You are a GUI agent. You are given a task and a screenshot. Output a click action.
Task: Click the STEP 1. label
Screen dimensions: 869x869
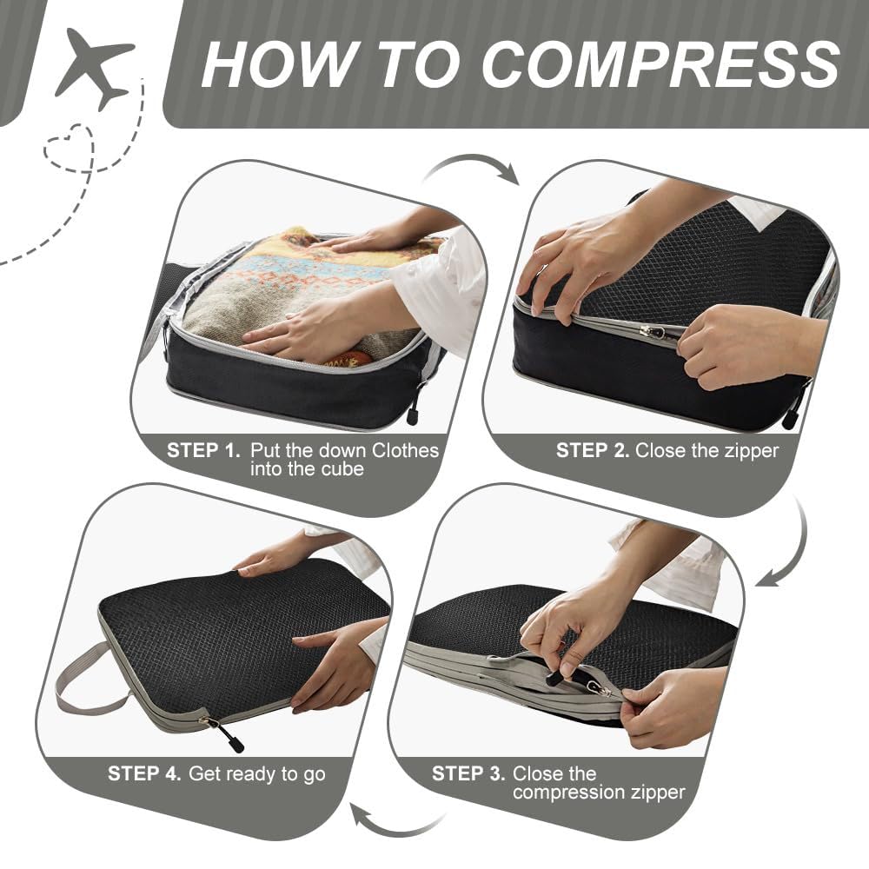tap(203, 450)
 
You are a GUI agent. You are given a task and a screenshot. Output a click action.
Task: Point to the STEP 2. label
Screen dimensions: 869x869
tap(593, 450)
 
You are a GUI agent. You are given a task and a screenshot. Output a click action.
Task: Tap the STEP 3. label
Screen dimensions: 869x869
tap(468, 773)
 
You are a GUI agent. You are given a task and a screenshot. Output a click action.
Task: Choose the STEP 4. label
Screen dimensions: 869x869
tap(144, 773)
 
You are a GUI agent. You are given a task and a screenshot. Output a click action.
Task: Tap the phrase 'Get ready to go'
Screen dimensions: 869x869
tap(257, 773)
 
